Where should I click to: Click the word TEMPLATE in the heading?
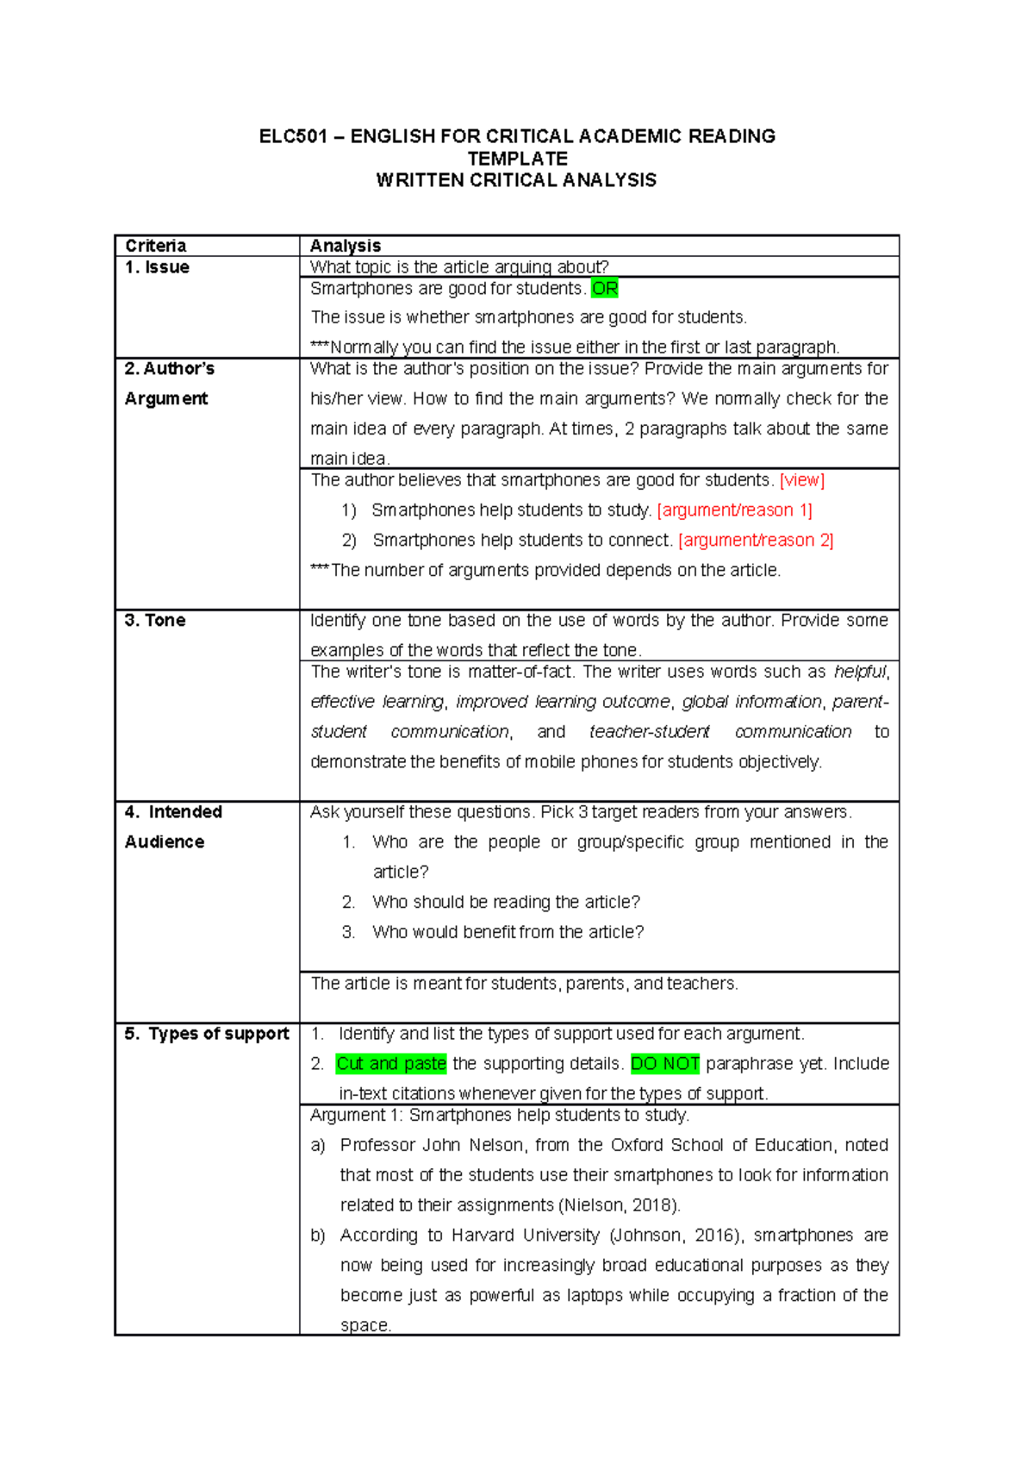coord(517,159)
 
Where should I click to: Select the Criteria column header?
coord(156,246)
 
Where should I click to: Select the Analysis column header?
coord(345,246)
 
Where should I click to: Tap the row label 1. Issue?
coord(157,267)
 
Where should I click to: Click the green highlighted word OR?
coord(605,289)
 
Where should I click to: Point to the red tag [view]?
coord(801,480)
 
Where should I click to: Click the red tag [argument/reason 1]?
coord(734,510)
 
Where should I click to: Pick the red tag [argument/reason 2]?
coord(756,541)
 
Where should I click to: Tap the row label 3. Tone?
coord(155,621)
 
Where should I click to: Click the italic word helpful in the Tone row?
coord(860,672)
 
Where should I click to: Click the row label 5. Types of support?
coord(207,1034)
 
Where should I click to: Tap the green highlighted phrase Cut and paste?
coord(391,1064)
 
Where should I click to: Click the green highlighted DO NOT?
coord(665,1064)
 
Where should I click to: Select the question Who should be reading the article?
coord(506,902)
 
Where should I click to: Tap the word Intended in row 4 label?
coord(185,812)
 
